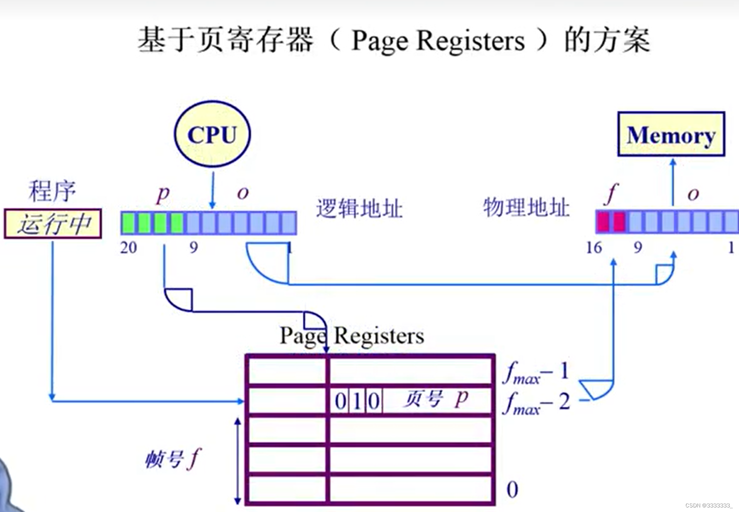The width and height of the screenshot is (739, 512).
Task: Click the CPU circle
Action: point(212,134)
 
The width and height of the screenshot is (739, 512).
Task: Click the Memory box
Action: point(671,134)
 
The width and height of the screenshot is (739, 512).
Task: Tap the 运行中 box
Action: point(53,224)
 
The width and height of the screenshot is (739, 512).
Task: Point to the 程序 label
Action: point(52,191)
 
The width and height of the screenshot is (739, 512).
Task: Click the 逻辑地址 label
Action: point(359,208)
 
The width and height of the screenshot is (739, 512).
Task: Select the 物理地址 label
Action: point(526,207)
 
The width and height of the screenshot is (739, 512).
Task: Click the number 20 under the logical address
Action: point(128,248)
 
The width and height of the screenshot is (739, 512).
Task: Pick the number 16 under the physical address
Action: point(594,248)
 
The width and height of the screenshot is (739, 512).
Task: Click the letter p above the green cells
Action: point(163,194)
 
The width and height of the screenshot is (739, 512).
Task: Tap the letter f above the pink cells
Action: point(611,194)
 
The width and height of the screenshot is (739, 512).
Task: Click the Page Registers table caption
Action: point(352,336)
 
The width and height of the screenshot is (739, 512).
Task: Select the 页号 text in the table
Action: point(423,399)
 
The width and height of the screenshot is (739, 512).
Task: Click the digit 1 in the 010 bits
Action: point(357,401)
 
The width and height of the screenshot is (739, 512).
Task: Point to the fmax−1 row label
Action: point(535,372)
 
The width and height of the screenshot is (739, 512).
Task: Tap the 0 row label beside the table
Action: point(512,490)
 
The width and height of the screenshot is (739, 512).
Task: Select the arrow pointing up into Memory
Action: point(673,182)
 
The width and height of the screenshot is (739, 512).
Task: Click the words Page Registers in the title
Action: point(438,41)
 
